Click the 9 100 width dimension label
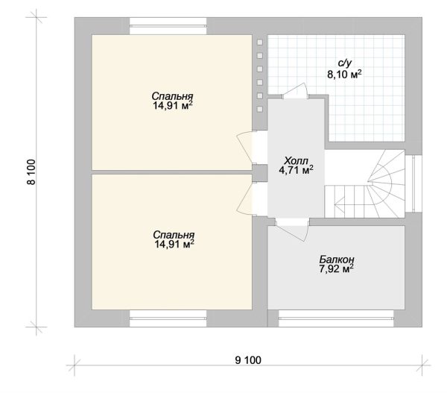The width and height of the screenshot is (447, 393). pos(248,360)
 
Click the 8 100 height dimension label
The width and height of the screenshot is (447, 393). pos(31,172)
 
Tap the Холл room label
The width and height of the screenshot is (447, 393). pos(297,160)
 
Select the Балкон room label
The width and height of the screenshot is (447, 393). pos(337,260)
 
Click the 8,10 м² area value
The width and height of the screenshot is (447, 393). pos(344,75)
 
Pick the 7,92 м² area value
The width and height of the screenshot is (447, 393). pos(337,269)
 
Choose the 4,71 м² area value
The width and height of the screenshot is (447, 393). pos(297,170)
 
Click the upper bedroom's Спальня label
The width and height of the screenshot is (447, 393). pos(173,95)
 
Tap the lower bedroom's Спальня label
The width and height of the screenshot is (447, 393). pos(174,235)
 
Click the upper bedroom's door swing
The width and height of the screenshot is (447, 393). pos(244,148)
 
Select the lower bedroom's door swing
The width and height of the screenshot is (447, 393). pos(244,198)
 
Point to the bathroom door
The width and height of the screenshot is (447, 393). pos(295,91)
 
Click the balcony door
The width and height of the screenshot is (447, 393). pos(293,231)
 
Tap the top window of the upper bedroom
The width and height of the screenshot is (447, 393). pos(168,26)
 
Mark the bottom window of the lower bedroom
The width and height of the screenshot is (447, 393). pos(168,318)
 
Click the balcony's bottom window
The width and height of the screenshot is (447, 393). pos(336,318)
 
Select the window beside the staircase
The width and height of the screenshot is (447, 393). pos(413,183)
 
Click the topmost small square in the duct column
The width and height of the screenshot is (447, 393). pos(260,42)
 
